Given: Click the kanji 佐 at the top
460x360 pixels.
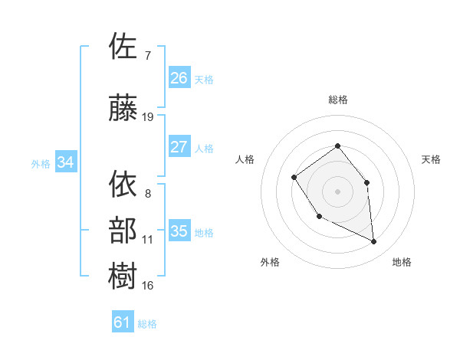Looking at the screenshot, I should pyautogui.click(x=123, y=46).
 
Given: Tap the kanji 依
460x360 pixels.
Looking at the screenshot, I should pyautogui.click(x=123, y=185).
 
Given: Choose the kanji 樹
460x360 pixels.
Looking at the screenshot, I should pyautogui.click(x=123, y=276).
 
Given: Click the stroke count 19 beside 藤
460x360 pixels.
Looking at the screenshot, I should pyautogui.click(x=148, y=117).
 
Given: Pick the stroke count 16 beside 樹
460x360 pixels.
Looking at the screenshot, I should pyautogui.click(x=148, y=286).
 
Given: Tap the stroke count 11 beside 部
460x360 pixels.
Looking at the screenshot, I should pyautogui.click(x=148, y=240).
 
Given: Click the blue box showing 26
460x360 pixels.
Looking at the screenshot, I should pyautogui.click(x=179, y=78).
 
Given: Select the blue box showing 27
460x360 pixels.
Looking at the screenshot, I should pyautogui.click(x=179, y=147).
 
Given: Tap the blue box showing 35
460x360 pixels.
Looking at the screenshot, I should pyautogui.click(x=179, y=231).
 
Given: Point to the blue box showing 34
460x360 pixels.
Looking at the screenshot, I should pyautogui.click(x=66, y=162).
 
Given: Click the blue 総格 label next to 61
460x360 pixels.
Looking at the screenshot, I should pyautogui.click(x=147, y=324).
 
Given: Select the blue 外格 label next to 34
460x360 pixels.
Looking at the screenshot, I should pyautogui.click(x=41, y=164).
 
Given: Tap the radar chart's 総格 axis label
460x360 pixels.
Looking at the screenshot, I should pyautogui.click(x=337, y=100).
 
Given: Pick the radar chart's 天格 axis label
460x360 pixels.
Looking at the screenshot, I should pyautogui.click(x=432, y=159).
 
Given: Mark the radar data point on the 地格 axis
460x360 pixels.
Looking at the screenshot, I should pyautogui.click(x=374, y=242).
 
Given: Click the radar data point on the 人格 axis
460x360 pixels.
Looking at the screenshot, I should pyautogui.click(x=294, y=178).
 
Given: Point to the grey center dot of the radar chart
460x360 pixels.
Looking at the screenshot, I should pyautogui.click(x=337, y=191).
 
